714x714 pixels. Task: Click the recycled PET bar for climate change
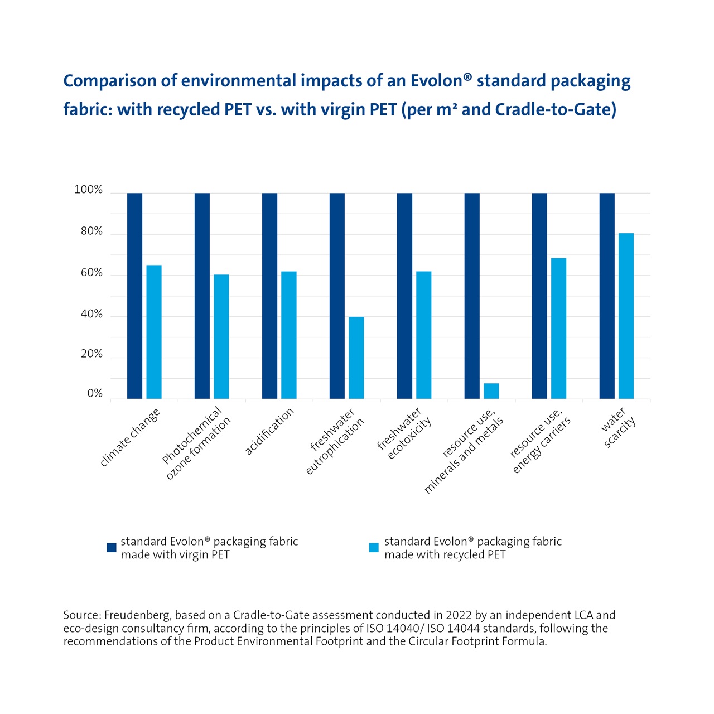coord(154,332)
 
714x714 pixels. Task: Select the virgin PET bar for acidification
coord(269,296)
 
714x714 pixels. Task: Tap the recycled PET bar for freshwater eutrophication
coord(356,358)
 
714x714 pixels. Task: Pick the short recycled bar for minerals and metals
coord(491,391)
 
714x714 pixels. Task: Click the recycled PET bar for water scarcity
coord(626,316)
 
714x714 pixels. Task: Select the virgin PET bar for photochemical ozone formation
coord(202,296)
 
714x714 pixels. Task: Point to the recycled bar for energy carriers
coord(558,328)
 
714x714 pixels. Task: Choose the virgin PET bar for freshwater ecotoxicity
coord(404,296)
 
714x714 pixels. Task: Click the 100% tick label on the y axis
coord(89,190)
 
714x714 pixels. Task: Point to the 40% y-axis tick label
coord(91,315)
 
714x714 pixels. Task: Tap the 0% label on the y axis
coord(95,394)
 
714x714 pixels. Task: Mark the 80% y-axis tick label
coord(91,231)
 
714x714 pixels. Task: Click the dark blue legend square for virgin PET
coord(112,548)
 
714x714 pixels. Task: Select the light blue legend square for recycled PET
coord(374,548)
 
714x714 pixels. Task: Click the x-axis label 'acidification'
coord(269,431)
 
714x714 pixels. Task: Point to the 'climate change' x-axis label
coord(130,437)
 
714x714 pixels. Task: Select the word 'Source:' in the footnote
coord(82,615)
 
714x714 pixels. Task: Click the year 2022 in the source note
coord(459,615)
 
